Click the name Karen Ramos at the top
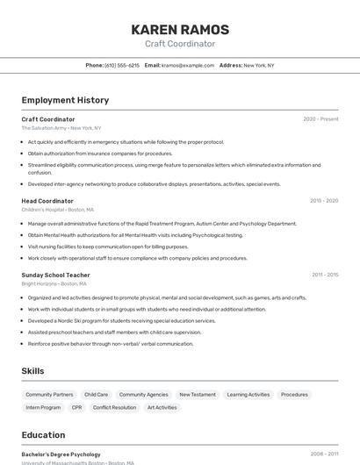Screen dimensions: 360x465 180,29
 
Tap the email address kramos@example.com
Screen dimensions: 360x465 188,65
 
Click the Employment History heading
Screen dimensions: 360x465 65,100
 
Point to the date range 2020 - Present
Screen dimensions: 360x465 320,119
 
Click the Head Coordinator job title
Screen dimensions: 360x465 47,201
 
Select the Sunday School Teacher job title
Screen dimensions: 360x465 55,275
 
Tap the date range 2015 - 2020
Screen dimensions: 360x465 324,201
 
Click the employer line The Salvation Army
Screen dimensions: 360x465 61,128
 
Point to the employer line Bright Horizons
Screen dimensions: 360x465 54,283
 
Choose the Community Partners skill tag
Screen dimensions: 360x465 49,395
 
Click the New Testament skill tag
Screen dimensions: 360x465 197,395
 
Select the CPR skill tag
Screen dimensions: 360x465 76,407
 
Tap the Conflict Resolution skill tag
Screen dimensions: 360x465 114,407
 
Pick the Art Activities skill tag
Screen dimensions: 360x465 162,407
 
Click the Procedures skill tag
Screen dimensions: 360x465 294,395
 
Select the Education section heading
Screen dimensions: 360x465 43,435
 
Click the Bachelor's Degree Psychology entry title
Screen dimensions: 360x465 61,454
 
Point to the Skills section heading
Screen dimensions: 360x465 32,371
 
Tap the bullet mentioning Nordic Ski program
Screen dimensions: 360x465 109,321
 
